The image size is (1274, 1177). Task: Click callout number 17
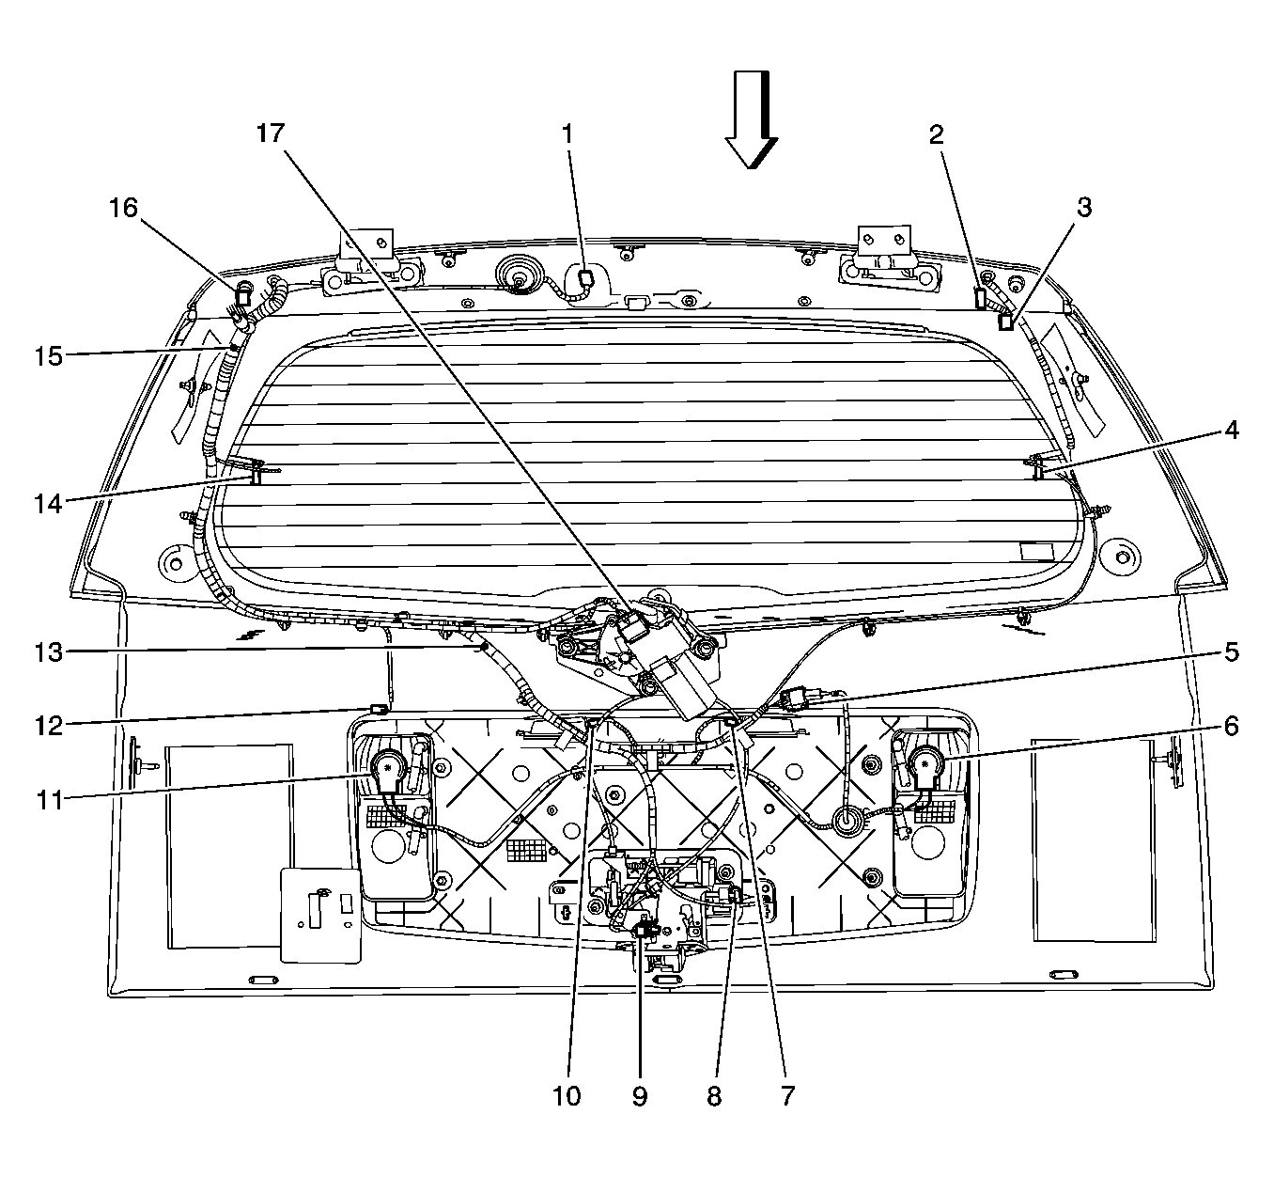pos(270,133)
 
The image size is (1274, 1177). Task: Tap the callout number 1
pos(567,134)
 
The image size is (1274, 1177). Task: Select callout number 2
pos(937,134)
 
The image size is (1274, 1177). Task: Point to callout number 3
pos(1084,208)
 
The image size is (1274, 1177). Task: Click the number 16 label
pos(123,208)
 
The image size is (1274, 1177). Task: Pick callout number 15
pos(49,355)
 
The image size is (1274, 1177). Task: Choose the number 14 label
pos(49,504)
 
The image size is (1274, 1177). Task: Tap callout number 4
pos(1231,430)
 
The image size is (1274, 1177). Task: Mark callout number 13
pos(49,652)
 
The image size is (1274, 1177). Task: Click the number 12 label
pos(49,727)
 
